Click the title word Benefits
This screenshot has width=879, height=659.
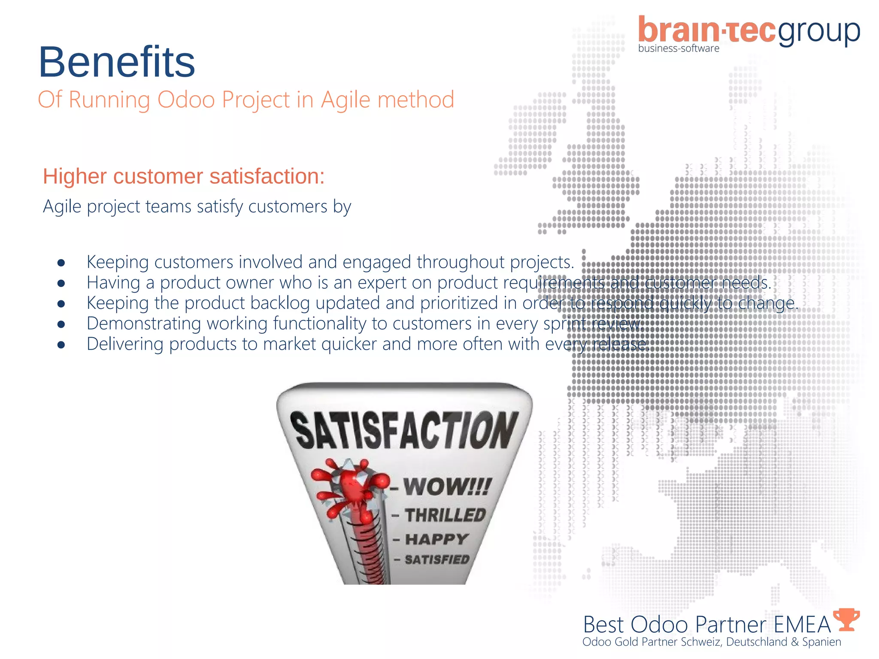click(117, 62)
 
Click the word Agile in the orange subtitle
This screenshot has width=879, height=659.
click(346, 100)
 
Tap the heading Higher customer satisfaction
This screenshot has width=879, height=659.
click(184, 176)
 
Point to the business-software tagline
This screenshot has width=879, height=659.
click(679, 48)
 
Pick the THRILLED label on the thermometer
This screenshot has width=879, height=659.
click(445, 515)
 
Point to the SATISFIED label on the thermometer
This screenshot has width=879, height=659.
click(437, 560)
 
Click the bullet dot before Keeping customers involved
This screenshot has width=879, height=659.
click(61, 263)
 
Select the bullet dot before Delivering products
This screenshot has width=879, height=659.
click(61, 345)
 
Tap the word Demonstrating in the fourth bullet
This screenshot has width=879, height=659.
click(144, 323)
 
